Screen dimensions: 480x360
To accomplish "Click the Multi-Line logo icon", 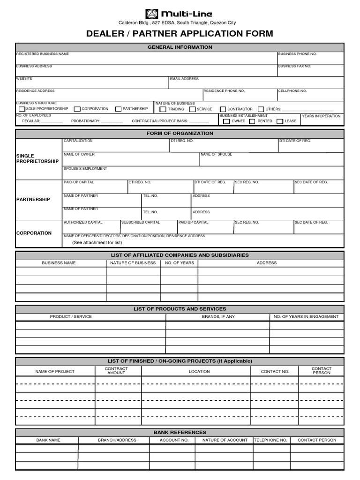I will point(152,14).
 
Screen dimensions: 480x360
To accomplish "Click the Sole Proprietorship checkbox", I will point(22,109).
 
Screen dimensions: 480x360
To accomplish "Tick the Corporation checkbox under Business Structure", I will point(77,109).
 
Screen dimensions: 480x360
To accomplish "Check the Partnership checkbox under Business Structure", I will point(119,109).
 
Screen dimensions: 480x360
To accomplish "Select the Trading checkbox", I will point(163,110).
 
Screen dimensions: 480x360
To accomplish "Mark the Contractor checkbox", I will point(223,110).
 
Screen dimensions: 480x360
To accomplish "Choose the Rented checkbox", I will point(252,121).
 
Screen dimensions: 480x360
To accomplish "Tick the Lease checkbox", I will point(280,121).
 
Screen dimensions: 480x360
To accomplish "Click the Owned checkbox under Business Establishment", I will point(226,121).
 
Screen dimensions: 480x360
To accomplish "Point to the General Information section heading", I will point(180,47).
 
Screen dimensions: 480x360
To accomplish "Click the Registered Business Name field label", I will point(43,54).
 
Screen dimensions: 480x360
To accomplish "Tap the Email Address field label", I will point(184,79).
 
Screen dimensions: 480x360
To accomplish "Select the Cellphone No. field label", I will point(292,90).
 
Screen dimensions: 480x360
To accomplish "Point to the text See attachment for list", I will point(97,242).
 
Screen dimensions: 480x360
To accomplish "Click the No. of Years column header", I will point(179,263).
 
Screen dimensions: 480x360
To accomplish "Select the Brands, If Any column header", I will point(218,316).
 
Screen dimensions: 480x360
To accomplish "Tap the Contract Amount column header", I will point(116,371).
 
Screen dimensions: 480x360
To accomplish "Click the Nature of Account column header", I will point(225,440).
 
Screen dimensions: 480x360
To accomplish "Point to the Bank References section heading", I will point(180,432).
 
